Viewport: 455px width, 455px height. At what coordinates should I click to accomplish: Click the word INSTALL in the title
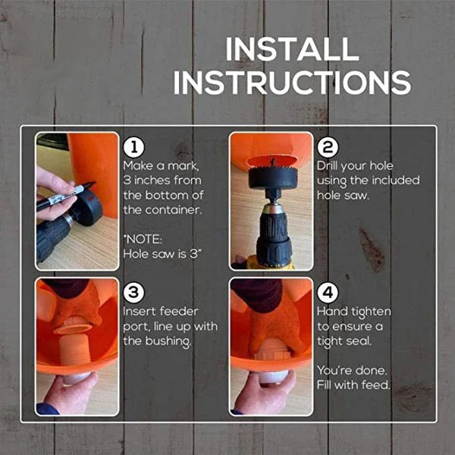click(x=292, y=49)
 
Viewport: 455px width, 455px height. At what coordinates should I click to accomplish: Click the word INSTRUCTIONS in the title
click(x=292, y=82)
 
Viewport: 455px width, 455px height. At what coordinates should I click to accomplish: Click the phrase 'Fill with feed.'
click(x=353, y=384)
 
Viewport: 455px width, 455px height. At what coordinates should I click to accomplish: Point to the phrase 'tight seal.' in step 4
click(x=346, y=341)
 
